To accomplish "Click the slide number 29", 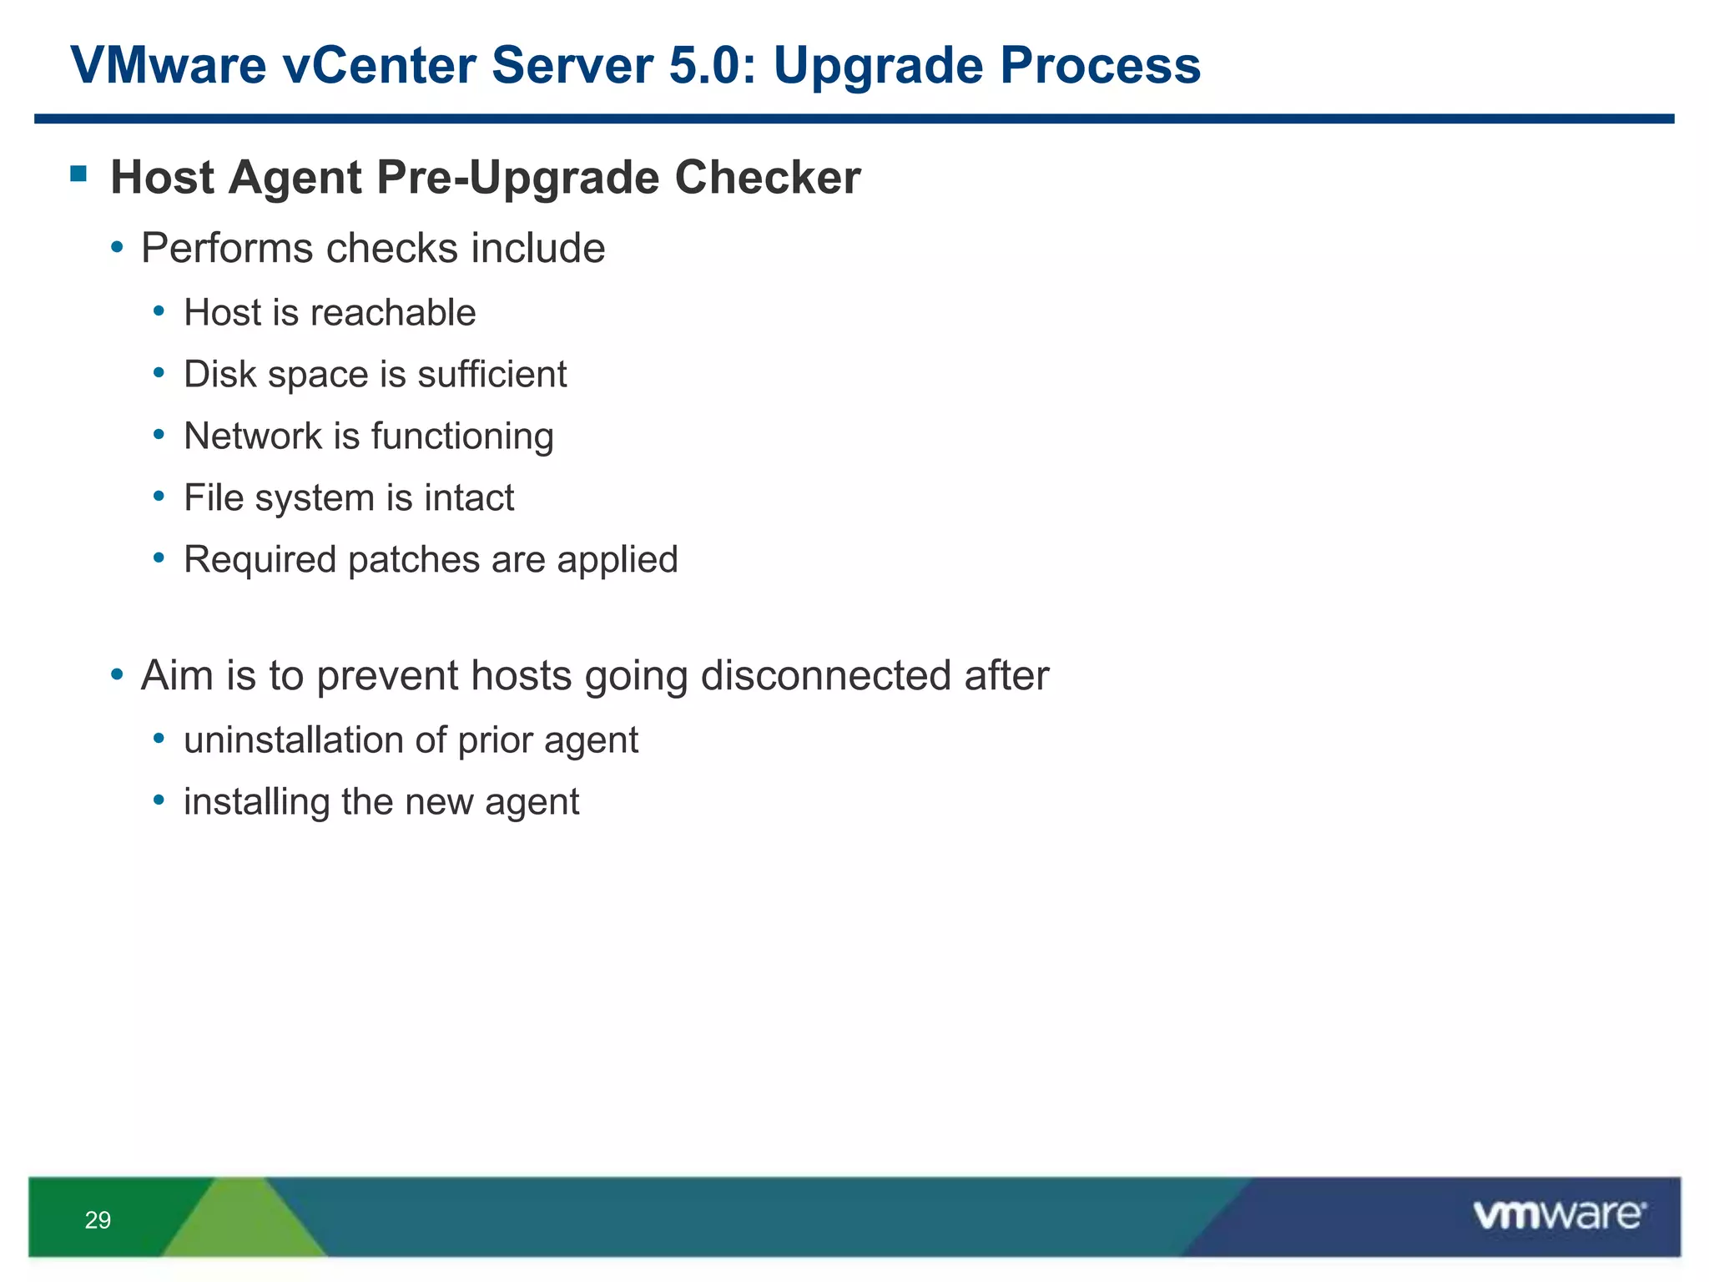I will coord(98,1220).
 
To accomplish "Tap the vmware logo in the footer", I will coord(1559,1215).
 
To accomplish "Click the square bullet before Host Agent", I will coord(79,174).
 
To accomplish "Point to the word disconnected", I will coord(825,675).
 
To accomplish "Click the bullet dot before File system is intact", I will coord(159,497).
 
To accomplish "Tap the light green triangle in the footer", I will coord(242,1223).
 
